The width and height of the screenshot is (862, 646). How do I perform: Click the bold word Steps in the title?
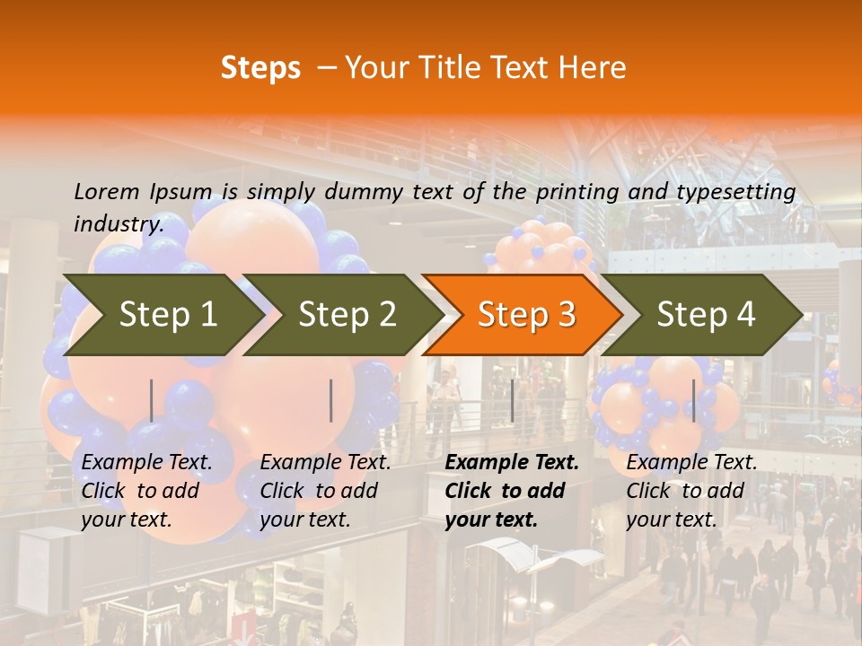[x=260, y=68]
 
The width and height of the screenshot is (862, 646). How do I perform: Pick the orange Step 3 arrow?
[x=526, y=315]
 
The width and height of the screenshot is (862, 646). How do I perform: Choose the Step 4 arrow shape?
[x=706, y=315]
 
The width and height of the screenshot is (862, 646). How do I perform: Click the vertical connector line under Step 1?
[x=152, y=400]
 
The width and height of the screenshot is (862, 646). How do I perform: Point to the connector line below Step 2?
[x=331, y=400]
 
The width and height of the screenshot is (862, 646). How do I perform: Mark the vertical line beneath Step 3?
[x=512, y=400]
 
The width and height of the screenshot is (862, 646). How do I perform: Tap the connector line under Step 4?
[x=694, y=400]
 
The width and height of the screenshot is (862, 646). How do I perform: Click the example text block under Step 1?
[x=147, y=491]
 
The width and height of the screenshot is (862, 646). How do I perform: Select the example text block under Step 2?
[x=325, y=491]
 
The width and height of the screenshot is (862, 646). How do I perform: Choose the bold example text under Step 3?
[x=512, y=491]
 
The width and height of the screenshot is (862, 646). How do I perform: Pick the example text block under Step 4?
[x=691, y=491]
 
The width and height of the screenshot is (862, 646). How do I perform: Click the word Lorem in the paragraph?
[x=107, y=191]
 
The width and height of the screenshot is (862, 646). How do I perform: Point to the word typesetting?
[x=735, y=192]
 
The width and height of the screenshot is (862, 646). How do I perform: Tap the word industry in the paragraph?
[x=119, y=223]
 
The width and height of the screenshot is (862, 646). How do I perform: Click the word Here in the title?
[x=594, y=68]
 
